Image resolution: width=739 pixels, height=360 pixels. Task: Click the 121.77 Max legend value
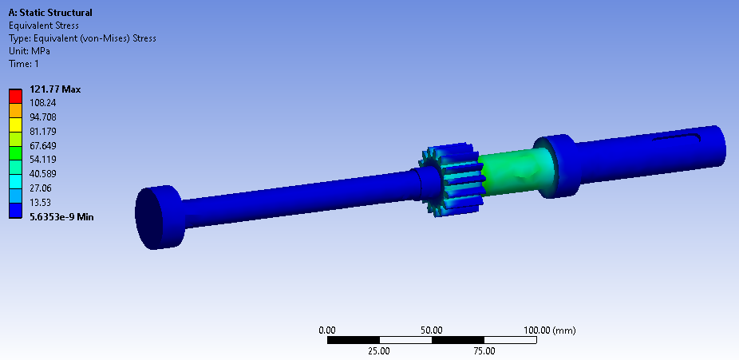[x=55, y=89]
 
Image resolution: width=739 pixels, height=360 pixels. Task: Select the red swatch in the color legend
[x=15, y=96]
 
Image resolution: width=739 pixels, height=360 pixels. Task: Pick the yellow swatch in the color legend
[x=15, y=125]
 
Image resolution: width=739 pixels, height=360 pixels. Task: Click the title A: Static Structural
[x=49, y=13]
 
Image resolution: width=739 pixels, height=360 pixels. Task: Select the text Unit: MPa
[x=29, y=51]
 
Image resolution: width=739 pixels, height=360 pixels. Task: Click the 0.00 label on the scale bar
[x=327, y=330]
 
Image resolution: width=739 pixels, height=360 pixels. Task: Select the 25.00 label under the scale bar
[x=379, y=350]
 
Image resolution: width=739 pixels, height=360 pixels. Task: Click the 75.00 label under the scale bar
[x=484, y=350]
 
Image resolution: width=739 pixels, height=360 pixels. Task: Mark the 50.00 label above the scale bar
[x=432, y=330]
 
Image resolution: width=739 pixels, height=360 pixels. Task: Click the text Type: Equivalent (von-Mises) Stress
[x=82, y=38]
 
